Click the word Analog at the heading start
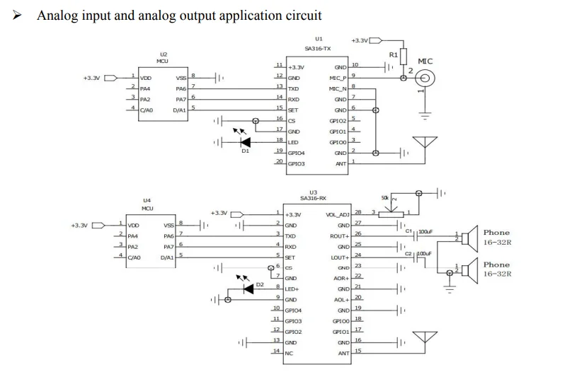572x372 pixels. (56, 15)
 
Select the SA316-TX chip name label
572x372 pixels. (318, 49)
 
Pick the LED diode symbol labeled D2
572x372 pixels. (248, 289)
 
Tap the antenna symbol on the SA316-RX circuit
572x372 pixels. (423, 341)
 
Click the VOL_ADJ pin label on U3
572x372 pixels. (337, 214)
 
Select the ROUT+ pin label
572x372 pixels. (340, 236)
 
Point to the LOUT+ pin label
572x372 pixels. (340, 257)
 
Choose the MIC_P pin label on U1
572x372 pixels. (338, 77)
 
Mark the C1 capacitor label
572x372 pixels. (408, 231)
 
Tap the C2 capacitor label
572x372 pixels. (408, 252)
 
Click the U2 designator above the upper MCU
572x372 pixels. (164, 54)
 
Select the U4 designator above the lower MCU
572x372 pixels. (147, 201)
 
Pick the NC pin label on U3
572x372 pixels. (289, 352)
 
